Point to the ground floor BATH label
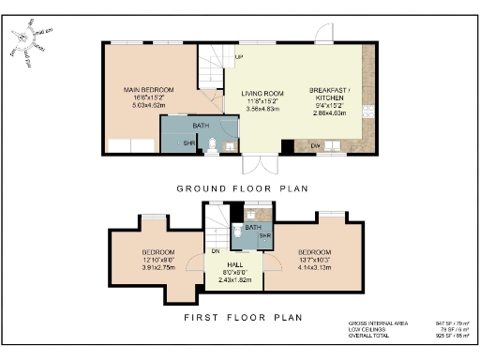[201, 126]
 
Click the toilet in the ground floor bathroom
[215, 144]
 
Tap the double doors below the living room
[255, 164]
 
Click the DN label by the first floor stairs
[215, 251]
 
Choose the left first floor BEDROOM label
[158, 252]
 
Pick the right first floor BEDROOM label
[315, 252]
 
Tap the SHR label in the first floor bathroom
[264, 235]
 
